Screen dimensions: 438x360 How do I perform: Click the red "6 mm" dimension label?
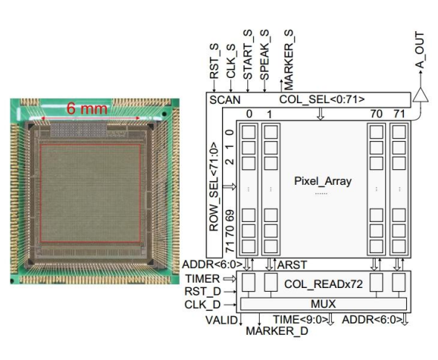tap(87, 108)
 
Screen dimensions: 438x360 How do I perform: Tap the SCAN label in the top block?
tap(225, 99)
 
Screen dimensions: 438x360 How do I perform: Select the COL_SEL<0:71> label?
tap(321, 99)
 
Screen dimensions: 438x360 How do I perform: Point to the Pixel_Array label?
tap(323, 181)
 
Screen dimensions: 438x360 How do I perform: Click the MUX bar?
tap(324, 304)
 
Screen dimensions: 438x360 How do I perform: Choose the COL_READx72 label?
tap(324, 284)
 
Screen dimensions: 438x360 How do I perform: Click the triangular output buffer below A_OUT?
tap(420, 95)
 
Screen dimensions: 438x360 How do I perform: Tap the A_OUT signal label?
tap(419, 50)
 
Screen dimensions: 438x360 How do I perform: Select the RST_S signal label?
tap(215, 61)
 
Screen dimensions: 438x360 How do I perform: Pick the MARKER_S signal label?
tap(289, 59)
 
